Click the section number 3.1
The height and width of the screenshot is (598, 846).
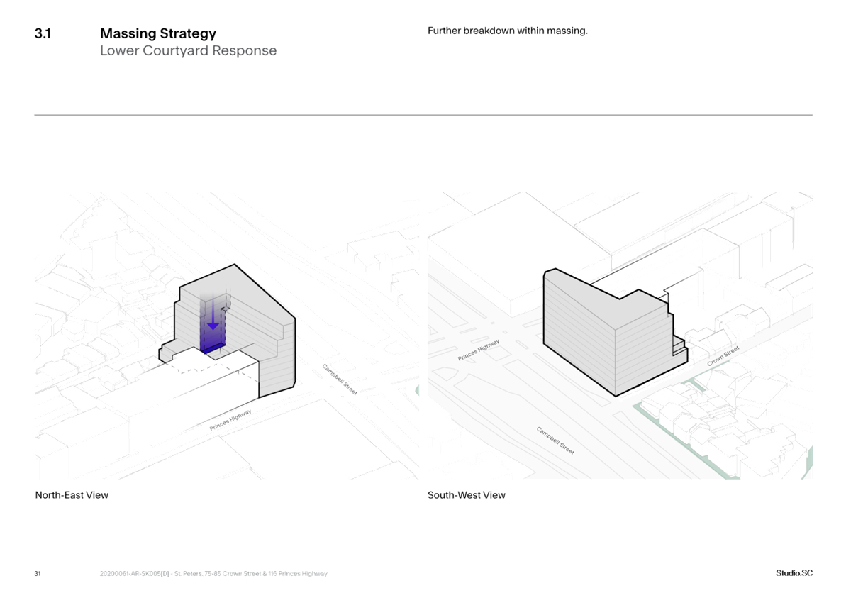pyautogui.click(x=42, y=33)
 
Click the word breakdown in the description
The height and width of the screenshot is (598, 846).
pyautogui.click(x=489, y=31)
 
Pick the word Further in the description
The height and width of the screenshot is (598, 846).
pyautogui.click(x=444, y=31)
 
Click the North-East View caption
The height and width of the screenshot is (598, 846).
pyautogui.click(x=72, y=495)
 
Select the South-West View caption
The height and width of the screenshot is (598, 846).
pyautogui.click(x=467, y=495)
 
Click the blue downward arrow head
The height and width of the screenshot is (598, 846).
pyautogui.click(x=213, y=325)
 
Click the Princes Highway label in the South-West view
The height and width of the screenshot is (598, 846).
pyautogui.click(x=479, y=350)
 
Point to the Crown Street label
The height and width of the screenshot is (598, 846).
pyautogui.click(x=723, y=357)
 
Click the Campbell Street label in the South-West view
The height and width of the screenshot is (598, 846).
pyautogui.click(x=555, y=441)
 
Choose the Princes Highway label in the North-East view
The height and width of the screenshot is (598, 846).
pyautogui.click(x=230, y=421)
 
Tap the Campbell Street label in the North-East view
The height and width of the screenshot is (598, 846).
pyautogui.click(x=340, y=378)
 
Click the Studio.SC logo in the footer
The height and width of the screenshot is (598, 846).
pyautogui.click(x=794, y=573)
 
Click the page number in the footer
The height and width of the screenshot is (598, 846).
pyautogui.click(x=37, y=574)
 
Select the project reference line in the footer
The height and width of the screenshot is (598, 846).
pyautogui.click(x=213, y=574)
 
